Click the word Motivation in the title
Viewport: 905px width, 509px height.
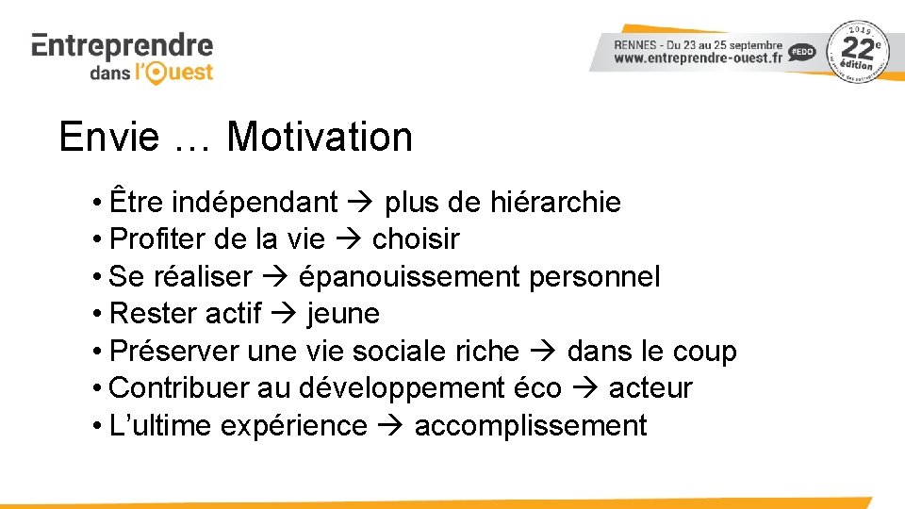point(320,138)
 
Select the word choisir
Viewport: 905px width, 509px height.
point(416,239)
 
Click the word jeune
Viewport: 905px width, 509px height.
point(343,314)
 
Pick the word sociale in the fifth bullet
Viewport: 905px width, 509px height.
point(400,352)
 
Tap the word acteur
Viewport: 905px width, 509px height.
point(650,388)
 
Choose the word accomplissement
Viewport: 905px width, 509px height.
point(531,426)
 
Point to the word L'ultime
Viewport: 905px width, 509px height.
point(160,426)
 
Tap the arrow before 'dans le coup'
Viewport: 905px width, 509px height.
point(543,352)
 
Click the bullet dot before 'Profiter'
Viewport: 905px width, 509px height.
point(98,240)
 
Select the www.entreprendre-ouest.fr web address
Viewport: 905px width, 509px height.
point(699,57)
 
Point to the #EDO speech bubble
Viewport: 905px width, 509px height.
point(802,53)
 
